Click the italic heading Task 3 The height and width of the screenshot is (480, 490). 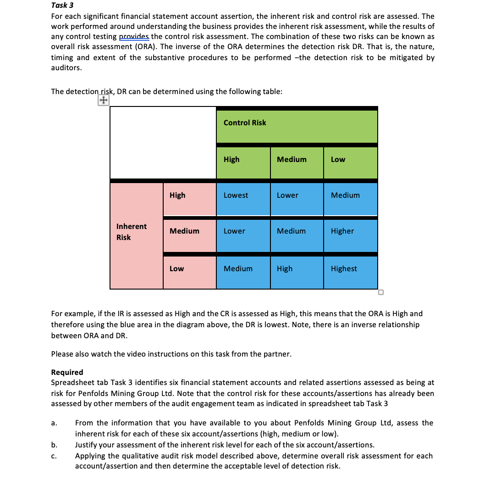[x=62, y=6]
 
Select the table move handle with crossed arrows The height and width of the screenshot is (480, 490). [x=103, y=100]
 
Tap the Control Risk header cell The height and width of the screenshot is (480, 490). [x=245, y=123]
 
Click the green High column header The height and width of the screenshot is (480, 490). [x=231, y=159]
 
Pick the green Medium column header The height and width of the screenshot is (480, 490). [x=292, y=159]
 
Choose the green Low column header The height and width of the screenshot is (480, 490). [x=338, y=159]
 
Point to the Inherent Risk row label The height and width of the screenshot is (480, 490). [x=131, y=232]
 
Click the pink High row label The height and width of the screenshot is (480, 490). [x=177, y=195]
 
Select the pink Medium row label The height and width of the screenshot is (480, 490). [x=184, y=231]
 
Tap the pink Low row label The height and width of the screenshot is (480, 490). [x=176, y=268]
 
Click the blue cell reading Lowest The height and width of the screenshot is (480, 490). [x=236, y=195]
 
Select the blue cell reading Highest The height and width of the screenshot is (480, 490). [x=344, y=268]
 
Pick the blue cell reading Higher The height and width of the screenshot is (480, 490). [x=342, y=231]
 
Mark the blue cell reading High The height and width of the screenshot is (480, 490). [x=285, y=268]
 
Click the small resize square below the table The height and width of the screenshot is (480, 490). [x=380, y=292]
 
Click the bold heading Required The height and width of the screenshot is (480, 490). [x=67, y=372]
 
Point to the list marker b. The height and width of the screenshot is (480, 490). [x=54, y=445]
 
